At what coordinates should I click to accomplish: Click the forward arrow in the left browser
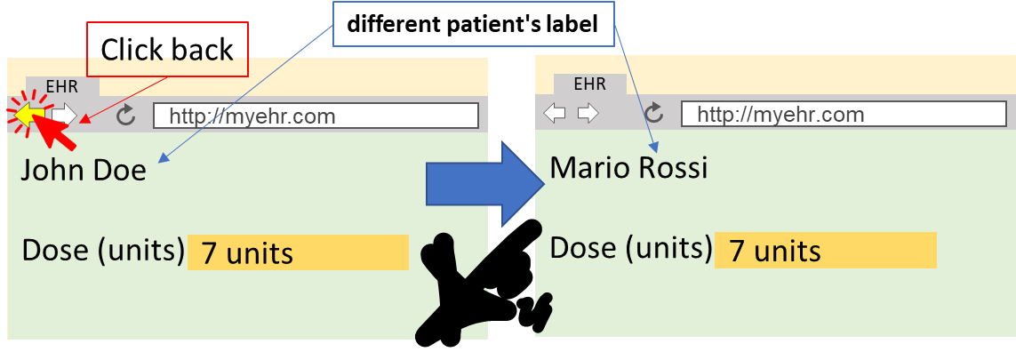(64, 114)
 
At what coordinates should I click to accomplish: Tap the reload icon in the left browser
(126, 115)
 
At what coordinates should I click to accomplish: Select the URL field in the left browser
(316, 116)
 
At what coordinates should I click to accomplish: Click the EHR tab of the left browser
(62, 87)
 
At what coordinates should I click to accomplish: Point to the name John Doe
(84, 170)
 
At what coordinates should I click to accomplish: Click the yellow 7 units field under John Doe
(298, 253)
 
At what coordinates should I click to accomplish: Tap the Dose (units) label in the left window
(103, 251)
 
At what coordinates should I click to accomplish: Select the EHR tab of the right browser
(589, 84)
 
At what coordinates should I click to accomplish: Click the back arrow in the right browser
(555, 113)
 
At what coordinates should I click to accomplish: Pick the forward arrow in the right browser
(588, 113)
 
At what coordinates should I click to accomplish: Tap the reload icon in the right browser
(654, 113)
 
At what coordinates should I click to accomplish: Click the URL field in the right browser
(844, 114)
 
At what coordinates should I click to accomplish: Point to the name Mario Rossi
(628, 167)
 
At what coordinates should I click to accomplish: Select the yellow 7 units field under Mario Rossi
(825, 251)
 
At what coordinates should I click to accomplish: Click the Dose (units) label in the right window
(631, 248)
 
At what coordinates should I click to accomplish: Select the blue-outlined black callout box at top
(473, 24)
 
